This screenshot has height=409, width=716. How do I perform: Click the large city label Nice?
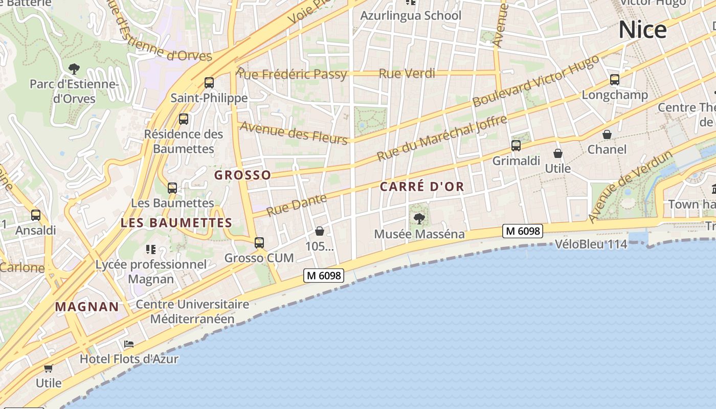642,30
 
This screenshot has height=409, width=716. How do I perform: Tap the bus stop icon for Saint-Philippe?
209,82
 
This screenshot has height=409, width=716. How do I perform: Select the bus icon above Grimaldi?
516,146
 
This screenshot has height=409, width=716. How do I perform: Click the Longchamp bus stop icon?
615,80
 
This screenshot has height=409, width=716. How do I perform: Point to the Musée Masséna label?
419,234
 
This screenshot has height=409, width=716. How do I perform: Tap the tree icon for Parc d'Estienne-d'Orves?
74,69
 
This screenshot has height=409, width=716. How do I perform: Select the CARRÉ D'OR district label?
422,187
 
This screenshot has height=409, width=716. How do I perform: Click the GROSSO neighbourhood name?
242,175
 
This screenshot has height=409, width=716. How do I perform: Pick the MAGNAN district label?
87,307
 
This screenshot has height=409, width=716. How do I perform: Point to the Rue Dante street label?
296,205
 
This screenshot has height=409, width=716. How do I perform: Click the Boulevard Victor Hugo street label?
535,81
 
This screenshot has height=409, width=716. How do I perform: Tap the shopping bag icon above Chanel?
607,135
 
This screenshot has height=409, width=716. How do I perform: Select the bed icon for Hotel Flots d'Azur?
129,344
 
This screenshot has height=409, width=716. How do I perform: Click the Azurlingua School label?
411,15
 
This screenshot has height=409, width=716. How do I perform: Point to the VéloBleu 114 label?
591,244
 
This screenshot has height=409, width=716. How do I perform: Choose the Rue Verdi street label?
407,73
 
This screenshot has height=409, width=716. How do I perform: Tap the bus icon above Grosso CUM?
259,242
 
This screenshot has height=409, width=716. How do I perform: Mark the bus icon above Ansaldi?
35,215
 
